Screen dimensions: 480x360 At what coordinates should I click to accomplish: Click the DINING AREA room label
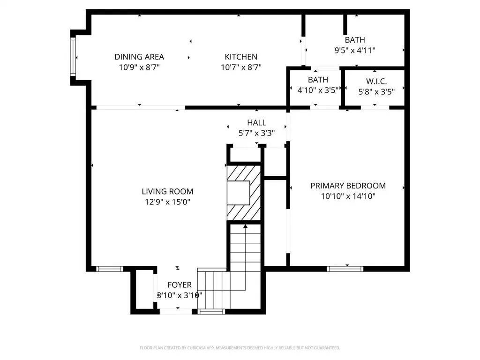tap(139, 57)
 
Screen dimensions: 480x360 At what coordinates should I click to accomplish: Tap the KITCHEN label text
tap(241, 57)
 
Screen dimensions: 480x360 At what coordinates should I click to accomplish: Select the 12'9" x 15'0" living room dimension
tap(167, 202)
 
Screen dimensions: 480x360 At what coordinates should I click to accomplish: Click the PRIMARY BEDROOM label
tap(348, 186)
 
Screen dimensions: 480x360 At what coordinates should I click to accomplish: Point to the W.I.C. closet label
tap(376, 81)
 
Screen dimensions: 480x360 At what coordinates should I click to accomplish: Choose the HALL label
tap(256, 122)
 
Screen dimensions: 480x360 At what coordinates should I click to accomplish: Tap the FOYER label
tap(180, 285)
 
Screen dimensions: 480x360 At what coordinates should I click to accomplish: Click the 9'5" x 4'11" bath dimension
tap(355, 50)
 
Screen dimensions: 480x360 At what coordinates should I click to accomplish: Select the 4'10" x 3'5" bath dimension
tap(318, 90)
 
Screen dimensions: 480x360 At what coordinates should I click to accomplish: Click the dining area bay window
tap(73, 56)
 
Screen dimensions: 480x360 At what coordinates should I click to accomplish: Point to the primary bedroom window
tap(345, 269)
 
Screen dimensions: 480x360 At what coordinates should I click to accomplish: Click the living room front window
tap(110, 269)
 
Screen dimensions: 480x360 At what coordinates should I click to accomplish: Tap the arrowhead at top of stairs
tap(245, 226)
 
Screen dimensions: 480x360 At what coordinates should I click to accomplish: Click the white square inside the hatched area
tap(238, 193)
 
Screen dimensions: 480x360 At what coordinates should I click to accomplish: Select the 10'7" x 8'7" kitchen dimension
tap(241, 67)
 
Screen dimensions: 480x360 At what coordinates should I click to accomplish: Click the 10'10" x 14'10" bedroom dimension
tap(348, 196)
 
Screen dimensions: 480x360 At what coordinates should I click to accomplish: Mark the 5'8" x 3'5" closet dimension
tap(376, 91)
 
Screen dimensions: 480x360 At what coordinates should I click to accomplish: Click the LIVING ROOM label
tap(167, 191)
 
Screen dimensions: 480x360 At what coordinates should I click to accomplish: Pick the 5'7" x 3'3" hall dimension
tap(256, 133)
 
